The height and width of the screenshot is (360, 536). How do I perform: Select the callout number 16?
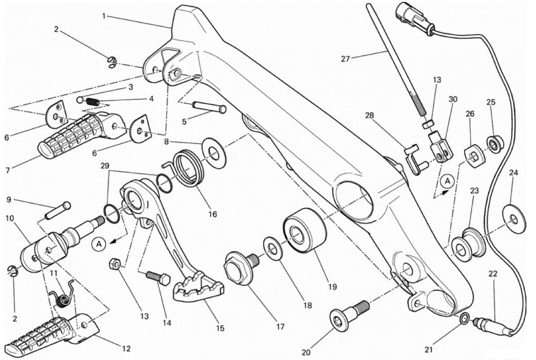tap(212, 214)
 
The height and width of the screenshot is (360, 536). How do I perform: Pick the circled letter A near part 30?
tap(447, 181)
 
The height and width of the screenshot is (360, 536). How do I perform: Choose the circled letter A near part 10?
tap(99, 244)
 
